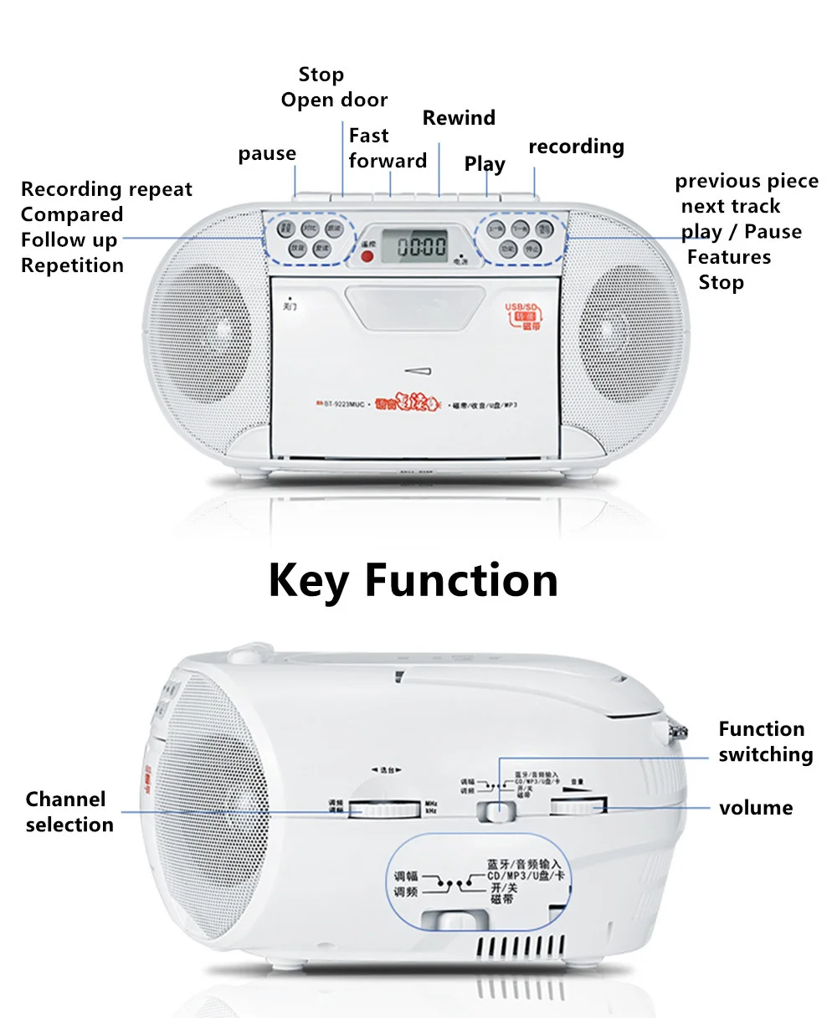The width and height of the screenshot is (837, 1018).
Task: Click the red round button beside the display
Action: tap(366, 254)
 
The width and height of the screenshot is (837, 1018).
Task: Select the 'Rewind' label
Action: tap(459, 118)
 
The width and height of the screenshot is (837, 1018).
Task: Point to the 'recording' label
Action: tap(576, 147)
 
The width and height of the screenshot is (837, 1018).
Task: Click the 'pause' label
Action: tap(267, 154)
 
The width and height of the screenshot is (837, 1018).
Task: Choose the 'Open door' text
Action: tap(334, 100)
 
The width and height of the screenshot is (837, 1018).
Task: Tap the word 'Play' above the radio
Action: tap(485, 164)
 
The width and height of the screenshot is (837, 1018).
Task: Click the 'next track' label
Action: tap(730, 207)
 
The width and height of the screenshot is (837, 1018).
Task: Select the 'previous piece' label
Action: tap(747, 182)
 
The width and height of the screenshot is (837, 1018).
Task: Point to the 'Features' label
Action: tap(729, 257)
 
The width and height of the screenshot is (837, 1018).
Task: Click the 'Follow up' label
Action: tap(69, 240)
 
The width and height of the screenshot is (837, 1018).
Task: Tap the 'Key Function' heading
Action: tap(413, 580)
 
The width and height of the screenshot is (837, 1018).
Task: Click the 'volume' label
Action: tap(756, 809)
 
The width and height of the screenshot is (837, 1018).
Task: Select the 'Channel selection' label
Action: tap(69, 812)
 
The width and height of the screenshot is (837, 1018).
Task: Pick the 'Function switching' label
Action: tap(765, 742)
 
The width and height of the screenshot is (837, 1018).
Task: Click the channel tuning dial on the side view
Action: tap(385, 809)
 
